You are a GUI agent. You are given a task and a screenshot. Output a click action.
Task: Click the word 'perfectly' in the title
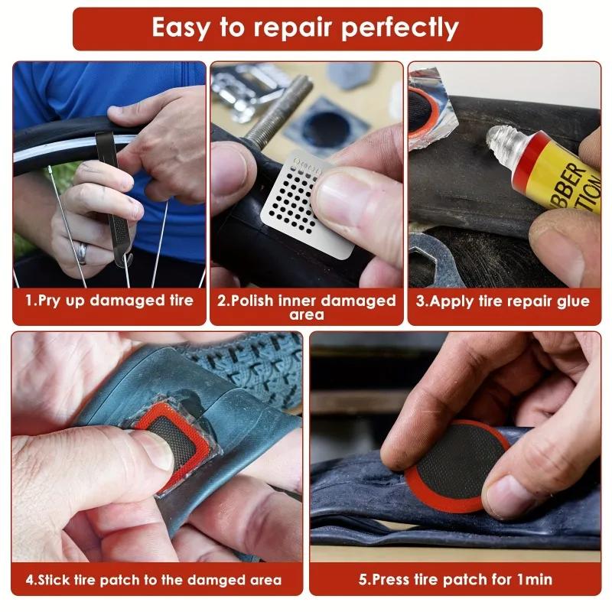[x=399, y=28]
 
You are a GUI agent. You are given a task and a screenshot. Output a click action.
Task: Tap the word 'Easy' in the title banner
[x=184, y=28]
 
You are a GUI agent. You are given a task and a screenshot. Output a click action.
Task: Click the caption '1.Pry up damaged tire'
[x=109, y=301]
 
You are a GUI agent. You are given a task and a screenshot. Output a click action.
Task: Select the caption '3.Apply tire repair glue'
[x=503, y=301]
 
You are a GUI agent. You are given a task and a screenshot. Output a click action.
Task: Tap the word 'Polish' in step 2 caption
[x=256, y=301]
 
